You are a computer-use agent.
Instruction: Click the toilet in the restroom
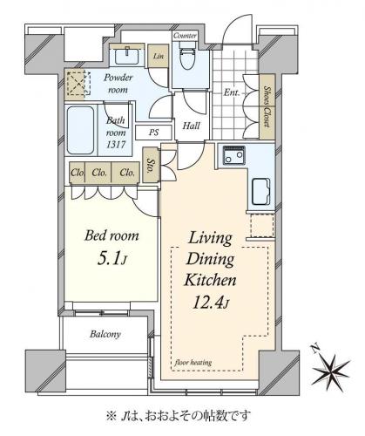pos(187,56)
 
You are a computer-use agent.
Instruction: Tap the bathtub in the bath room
pos(81,130)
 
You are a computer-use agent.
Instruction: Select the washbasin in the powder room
pos(127,56)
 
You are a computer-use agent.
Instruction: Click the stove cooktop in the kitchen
pos(233,155)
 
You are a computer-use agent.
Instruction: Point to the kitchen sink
pos(260,192)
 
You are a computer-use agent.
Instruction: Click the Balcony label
pos(105,334)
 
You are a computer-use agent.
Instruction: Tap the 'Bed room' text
pos(112,235)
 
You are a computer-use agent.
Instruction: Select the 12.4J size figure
pos(211,303)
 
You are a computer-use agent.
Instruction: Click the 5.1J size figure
pos(112,259)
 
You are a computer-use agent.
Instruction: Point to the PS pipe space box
pos(153,133)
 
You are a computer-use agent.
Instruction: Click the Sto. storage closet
pos(151,165)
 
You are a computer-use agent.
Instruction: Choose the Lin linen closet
pos(159,56)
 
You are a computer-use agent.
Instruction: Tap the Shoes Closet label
pos(267,106)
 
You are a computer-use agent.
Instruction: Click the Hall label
pos(192,126)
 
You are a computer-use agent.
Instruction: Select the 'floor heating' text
pos(193,363)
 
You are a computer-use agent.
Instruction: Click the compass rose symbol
pos(330,370)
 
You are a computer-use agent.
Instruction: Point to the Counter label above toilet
pos(185,36)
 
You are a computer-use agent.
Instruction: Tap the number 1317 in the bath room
pos(116,145)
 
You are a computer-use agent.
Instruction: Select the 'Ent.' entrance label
pos(232,92)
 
